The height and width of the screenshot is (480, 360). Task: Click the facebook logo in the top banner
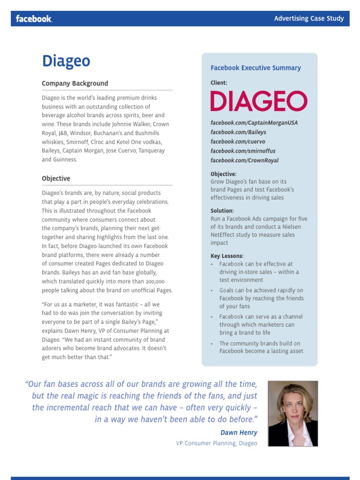[x=34, y=19]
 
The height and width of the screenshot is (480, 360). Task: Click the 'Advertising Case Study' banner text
[x=309, y=19]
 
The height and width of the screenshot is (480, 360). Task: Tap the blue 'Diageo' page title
[x=66, y=61]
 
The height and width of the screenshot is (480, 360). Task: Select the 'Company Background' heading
[x=75, y=83]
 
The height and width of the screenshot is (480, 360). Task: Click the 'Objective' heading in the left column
[x=56, y=179]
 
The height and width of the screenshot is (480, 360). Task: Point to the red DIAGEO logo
[x=259, y=101]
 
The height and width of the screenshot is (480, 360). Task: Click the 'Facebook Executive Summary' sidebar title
[x=255, y=68]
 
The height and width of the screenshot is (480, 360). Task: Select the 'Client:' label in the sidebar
[x=219, y=83]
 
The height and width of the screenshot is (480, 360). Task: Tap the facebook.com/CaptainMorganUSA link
[x=254, y=123]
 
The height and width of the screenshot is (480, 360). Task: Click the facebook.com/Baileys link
[x=238, y=132]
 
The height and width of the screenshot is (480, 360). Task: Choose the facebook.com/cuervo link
[x=238, y=142]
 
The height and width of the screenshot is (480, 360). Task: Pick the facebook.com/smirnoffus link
[x=243, y=151]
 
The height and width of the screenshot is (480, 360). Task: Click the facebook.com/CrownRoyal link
[x=244, y=160]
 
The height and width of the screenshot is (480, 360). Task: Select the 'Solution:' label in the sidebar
[x=222, y=211]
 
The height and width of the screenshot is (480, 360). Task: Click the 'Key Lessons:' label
[x=227, y=256]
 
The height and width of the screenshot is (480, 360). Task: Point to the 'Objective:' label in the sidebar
[x=224, y=174]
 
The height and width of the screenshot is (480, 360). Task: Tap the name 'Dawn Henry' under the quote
[x=239, y=433]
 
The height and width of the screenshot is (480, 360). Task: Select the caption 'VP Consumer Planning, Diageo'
[x=217, y=443]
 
